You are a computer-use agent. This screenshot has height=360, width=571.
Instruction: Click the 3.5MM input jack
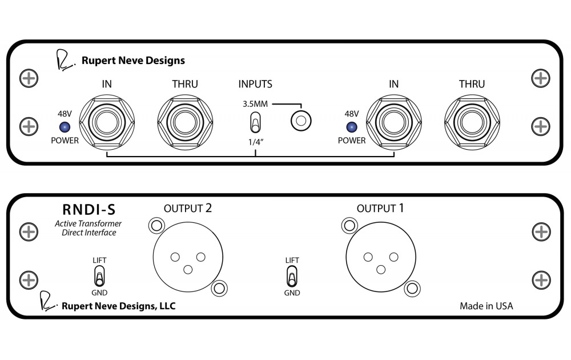301,121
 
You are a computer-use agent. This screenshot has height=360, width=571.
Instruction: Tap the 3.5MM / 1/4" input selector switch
255,122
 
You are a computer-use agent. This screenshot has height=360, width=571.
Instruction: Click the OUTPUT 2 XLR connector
188,257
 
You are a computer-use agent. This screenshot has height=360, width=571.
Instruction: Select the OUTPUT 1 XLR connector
381,257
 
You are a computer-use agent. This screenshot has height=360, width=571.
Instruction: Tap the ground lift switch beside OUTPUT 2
99,276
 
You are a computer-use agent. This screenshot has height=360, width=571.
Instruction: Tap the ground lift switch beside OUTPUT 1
292,276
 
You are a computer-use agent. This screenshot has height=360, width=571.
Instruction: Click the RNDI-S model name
89,210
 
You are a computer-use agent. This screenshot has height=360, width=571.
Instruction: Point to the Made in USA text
486,306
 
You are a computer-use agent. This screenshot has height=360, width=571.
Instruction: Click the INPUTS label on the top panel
255,84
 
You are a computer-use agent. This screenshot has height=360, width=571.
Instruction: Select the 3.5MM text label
255,104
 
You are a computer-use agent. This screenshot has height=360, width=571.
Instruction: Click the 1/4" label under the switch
256,142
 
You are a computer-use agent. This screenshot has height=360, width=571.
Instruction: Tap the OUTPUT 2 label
187,209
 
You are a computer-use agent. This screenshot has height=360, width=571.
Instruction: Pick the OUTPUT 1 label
380,209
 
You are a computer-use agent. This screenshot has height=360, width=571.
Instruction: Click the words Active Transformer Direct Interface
89,228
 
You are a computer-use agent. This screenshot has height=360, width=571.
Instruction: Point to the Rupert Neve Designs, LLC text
119,306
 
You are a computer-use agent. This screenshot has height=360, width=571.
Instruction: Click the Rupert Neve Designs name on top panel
133,61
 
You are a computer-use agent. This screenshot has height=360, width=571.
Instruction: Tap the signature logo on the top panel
65,60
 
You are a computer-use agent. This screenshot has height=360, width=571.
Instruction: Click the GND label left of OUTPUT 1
292,293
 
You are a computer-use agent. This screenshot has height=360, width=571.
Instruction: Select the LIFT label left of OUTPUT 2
99,260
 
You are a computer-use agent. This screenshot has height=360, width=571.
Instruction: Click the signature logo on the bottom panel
48,301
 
